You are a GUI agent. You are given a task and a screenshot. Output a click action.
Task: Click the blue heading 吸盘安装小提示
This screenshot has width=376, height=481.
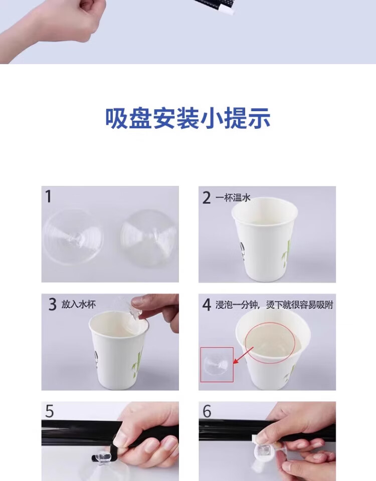(188, 118)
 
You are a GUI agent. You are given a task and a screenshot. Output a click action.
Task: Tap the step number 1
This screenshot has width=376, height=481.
(48, 196)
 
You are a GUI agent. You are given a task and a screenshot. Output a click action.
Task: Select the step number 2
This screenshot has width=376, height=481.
(207, 197)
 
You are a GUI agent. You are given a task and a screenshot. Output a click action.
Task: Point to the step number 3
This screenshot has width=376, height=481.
(53, 304)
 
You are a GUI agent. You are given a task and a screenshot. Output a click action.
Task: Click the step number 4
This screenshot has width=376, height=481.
(207, 305)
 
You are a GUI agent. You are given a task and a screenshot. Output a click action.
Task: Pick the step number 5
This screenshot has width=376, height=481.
(50, 411)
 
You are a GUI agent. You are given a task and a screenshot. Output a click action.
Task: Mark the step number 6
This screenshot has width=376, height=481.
(207, 411)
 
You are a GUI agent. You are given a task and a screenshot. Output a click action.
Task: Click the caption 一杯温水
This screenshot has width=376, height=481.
(233, 197)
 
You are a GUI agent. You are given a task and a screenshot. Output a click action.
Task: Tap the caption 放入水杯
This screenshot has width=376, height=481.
(79, 304)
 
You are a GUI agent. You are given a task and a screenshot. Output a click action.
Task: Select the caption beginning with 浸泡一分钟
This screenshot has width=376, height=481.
(274, 305)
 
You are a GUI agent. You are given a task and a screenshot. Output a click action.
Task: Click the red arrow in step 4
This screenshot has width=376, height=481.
(243, 356)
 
